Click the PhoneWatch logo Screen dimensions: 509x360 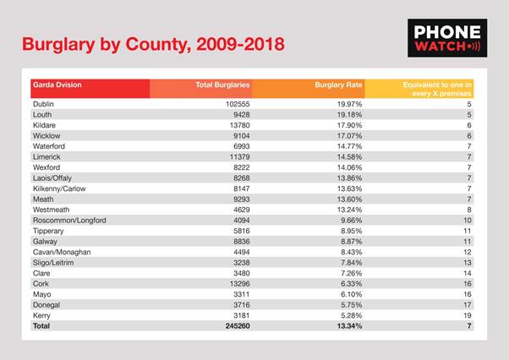click(447, 38)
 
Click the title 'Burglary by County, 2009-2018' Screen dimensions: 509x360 click(153, 45)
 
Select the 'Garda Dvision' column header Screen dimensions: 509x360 click(57, 85)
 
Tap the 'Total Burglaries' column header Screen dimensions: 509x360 click(222, 85)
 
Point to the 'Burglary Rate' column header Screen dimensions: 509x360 click(338, 85)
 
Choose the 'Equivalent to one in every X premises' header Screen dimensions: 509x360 click(437, 90)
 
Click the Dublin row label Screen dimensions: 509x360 click(43, 104)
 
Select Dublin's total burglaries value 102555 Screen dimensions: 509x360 click(238, 104)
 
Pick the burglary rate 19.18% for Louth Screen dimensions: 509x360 click(349, 115)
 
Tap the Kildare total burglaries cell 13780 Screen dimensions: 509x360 click(240, 125)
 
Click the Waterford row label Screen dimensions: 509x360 click(49, 146)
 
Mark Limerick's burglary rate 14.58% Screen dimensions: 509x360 click(349, 157)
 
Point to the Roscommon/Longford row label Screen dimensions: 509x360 click(69, 221)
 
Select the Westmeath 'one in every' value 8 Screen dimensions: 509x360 click(469, 210)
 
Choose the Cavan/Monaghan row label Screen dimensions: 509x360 click(62, 253)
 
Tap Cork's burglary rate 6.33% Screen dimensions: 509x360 click(351, 284)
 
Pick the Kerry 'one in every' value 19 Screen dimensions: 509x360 click(468, 315)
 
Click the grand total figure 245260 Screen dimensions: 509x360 click(238, 326)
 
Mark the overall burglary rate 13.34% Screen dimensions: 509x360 click(349, 326)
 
